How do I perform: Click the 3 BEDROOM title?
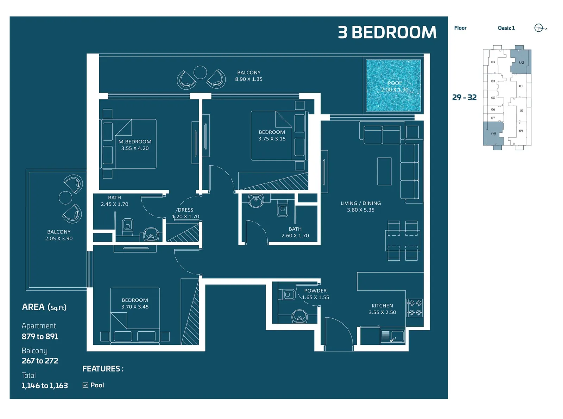tap(387, 32)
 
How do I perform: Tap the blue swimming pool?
tap(393, 85)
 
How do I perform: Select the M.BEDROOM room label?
tap(135, 142)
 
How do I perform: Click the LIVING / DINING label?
tap(360, 203)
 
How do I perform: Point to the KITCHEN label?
tap(382, 306)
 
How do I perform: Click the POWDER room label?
tap(315, 290)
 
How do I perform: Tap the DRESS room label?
tap(185, 210)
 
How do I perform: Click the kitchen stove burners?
tap(415, 307)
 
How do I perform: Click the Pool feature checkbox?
tap(85, 385)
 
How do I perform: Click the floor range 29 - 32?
tap(464, 97)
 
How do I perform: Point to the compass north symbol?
tap(538, 28)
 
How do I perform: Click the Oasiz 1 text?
tap(506, 28)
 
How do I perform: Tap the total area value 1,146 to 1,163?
tap(45, 386)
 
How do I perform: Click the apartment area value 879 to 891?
tap(40, 336)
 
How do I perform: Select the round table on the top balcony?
tap(200, 72)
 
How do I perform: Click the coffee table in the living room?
tap(384, 171)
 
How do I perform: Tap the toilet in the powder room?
tap(287, 295)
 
